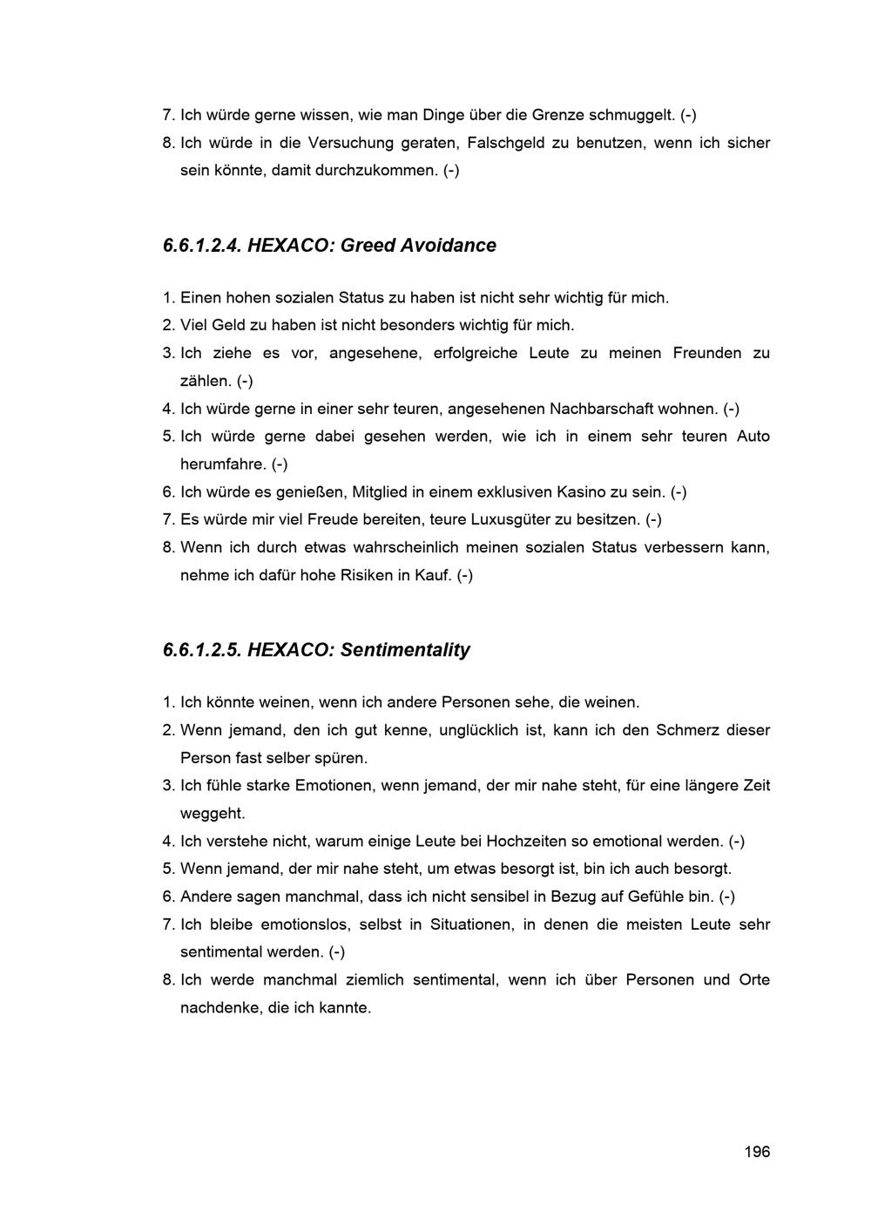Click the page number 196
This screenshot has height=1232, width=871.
coord(757,1152)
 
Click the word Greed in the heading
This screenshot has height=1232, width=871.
coord(368,246)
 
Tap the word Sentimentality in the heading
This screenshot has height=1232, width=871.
coord(405,650)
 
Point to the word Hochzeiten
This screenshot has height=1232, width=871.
coord(525,842)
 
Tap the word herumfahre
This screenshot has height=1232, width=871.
coord(223,464)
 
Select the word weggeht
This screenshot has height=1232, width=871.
coord(213,814)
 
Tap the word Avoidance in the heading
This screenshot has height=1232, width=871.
coord(448,246)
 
